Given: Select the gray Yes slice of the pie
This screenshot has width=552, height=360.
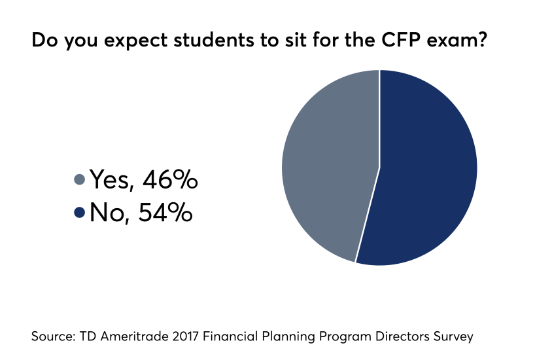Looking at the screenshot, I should [327, 164].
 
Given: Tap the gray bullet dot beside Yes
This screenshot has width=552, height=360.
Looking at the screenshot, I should [80, 179].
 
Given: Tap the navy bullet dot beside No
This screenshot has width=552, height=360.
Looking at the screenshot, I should [80, 212].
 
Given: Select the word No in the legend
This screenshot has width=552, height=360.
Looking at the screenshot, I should [107, 211].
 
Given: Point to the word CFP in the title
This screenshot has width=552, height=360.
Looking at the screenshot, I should [357, 41].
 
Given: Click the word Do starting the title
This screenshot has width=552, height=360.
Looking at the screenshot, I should [43, 41].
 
